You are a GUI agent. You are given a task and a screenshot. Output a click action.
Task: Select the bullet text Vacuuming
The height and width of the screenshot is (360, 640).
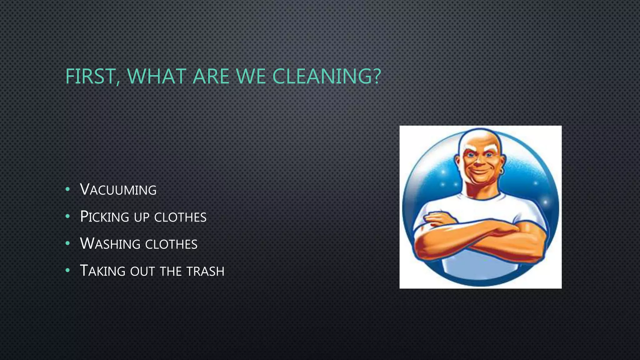(118, 190)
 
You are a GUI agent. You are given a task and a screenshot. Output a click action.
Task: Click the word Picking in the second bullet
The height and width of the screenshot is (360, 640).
(105, 217)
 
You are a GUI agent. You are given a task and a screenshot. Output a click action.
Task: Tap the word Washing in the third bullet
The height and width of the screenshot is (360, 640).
(110, 244)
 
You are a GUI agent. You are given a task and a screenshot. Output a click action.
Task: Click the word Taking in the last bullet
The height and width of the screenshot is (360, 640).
(103, 271)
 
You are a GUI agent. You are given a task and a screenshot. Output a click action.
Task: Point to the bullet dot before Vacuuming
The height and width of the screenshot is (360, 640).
(67, 190)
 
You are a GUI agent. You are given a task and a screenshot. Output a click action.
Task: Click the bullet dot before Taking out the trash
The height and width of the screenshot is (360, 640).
(67, 271)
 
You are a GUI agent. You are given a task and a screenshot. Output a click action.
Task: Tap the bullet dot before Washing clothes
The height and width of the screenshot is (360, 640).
(67, 243)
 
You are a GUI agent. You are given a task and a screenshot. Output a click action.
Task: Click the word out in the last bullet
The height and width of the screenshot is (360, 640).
(142, 271)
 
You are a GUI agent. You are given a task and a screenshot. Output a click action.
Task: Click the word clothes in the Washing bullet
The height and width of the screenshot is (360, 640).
(171, 244)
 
